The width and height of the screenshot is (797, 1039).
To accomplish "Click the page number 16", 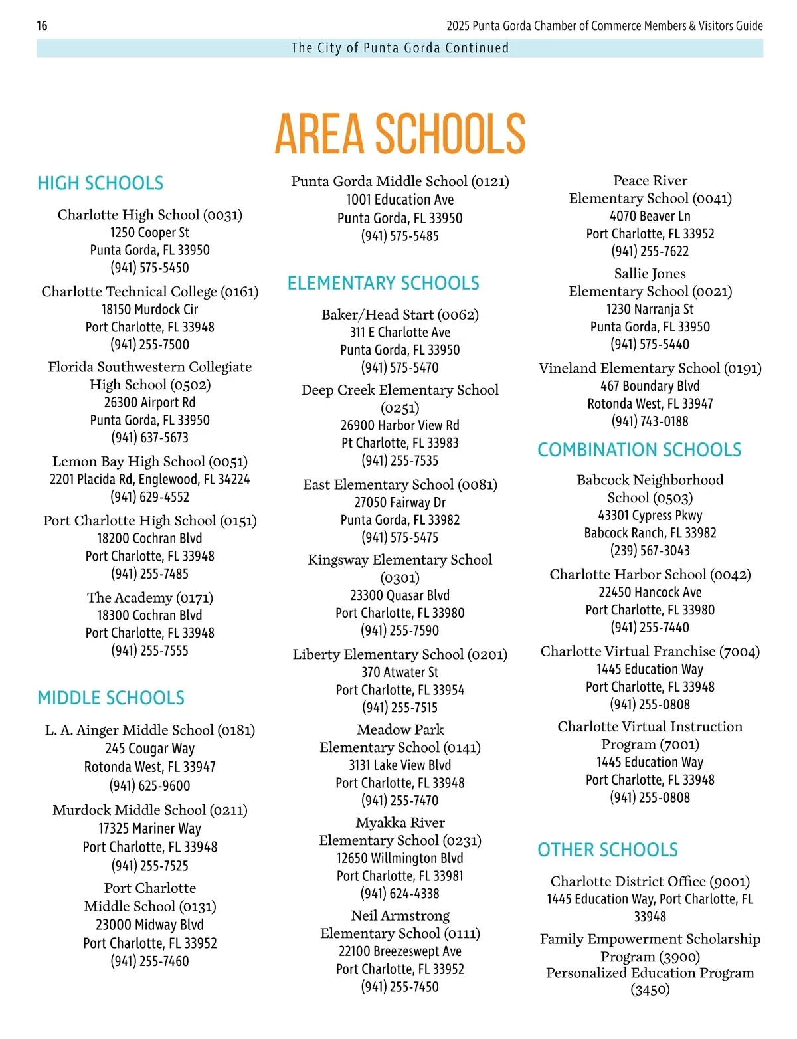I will [42, 26].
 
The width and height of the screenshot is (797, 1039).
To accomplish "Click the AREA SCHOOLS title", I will [400, 133].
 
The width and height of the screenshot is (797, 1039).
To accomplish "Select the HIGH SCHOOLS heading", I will [100, 183].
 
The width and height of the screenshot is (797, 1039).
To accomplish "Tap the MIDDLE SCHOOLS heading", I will [111, 698].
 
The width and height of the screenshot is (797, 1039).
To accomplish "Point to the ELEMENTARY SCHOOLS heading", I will [383, 283].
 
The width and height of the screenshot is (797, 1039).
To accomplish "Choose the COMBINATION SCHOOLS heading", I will [639, 450].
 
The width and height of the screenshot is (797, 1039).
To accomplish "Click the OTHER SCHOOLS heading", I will [608, 850].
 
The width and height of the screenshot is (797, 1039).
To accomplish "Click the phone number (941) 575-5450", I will [149, 268].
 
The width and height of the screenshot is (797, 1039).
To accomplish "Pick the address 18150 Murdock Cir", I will [149, 309].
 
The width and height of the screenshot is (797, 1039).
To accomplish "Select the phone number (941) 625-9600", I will [149, 785].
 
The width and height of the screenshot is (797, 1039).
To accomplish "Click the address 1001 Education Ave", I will [400, 199].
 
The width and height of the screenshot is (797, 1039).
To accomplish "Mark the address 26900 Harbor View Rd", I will [400, 425].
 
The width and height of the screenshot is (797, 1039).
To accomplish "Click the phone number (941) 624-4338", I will [400, 894].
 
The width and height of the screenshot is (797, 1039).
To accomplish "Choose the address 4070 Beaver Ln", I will [650, 216].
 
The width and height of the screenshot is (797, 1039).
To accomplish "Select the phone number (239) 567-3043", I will [650, 551].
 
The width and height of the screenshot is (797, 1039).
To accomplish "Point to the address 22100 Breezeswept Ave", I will [400, 951].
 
